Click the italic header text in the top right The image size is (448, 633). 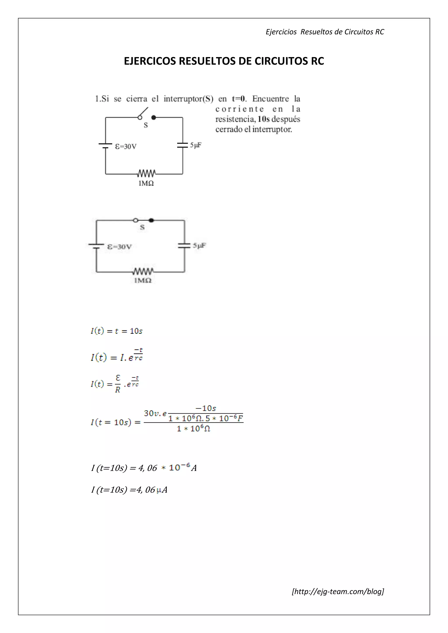(x=325, y=32)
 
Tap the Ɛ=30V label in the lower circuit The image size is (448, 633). (x=119, y=247)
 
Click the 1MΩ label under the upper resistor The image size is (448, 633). (x=146, y=183)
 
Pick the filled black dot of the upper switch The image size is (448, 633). (x=154, y=117)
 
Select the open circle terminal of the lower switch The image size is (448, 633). (x=135, y=220)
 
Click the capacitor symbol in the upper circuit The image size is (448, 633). (x=182, y=145)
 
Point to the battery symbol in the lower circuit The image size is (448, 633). (x=96, y=246)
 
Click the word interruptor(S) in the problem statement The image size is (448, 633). (x=188, y=99)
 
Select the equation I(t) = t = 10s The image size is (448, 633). (x=116, y=331)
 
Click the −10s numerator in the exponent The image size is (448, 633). (x=206, y=408)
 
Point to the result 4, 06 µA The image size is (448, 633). (x=129, y=490)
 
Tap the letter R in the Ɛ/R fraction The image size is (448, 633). (x=117, y=390)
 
